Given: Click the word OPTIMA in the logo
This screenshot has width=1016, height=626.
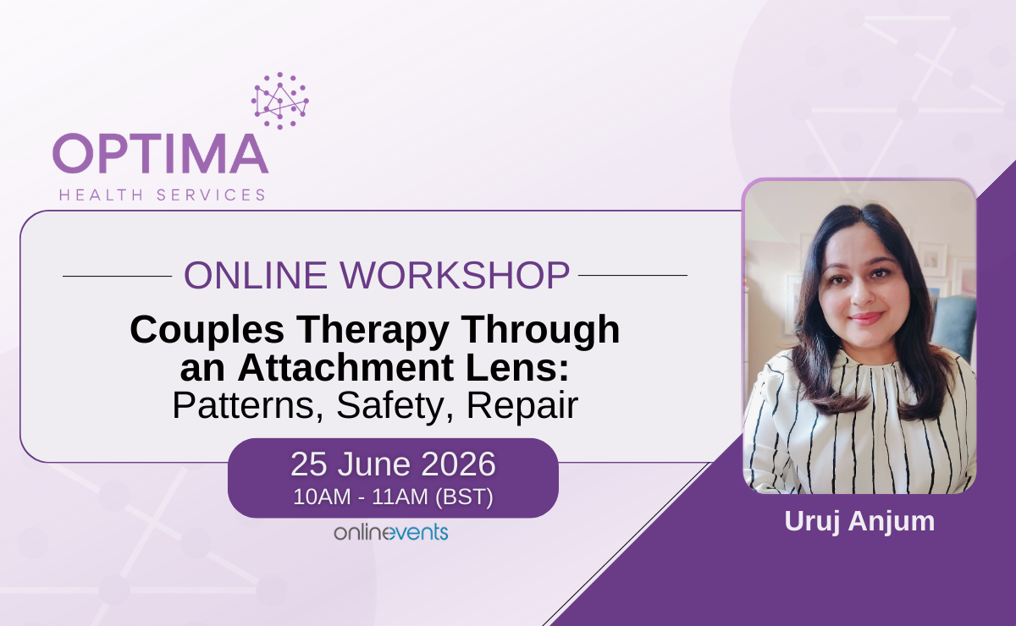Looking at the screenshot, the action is coord(161,153).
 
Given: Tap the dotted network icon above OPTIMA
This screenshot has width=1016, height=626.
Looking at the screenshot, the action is coord(280,101).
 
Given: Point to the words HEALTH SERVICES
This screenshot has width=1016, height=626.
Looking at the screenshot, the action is coord(163,195).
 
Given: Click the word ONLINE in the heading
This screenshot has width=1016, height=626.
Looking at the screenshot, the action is coord(256,275).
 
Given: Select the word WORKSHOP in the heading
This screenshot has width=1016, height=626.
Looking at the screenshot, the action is coord(455,275).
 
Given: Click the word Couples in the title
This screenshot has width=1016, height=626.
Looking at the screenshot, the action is coord(207,331).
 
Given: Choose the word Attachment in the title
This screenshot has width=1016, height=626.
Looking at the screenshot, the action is coord(345,367).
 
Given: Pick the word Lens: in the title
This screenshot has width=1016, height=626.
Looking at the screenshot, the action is coord(517,367).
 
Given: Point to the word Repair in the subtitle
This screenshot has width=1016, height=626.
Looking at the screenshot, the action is coord(522,406).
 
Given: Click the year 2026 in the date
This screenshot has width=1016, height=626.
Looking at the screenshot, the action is coord(458,464).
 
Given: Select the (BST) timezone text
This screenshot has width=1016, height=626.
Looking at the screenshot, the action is coord(464,497).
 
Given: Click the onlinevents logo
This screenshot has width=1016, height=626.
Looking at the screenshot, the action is coord(391,532).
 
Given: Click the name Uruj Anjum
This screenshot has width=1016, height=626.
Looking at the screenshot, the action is coord(859,521).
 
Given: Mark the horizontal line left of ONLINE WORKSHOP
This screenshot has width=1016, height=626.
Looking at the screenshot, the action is coord(117,276).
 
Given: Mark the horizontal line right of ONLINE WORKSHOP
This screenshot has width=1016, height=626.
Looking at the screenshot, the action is coord(632,275).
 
